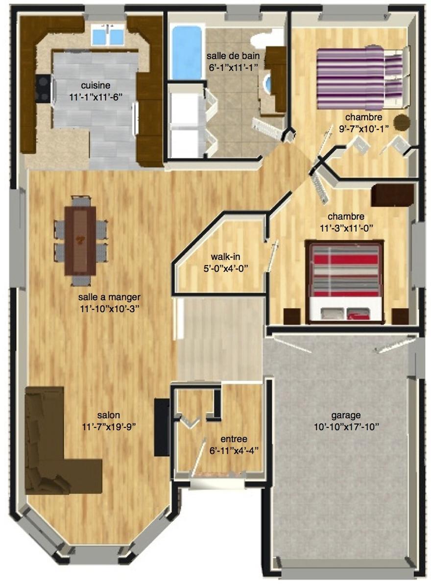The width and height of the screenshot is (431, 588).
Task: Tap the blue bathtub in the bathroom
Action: click(x=187, y=52)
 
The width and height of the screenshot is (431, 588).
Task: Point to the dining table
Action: click(x=80, y=241)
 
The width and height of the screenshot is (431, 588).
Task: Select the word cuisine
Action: click(x=96, y=86)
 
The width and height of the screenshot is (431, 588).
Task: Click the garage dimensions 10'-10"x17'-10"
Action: click(x=347, y=427)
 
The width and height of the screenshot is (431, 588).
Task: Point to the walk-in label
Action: click(x=226, y=256)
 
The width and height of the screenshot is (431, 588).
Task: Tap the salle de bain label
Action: click(x=233, y=56)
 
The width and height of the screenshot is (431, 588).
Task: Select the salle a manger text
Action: click(x=109, y=297)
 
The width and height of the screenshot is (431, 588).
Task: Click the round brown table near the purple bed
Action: click(x=402, y=122)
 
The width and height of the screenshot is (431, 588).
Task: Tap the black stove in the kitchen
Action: click(x=43, y=89)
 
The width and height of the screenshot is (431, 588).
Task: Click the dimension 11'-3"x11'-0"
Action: click(x=346, y=228)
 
